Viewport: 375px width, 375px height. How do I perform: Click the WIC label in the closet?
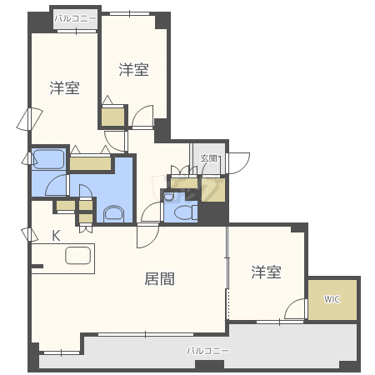[x=332, y=299]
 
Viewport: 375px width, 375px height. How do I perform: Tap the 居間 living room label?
[x=159, y=279]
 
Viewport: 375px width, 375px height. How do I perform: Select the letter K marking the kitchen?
[x=57, y=236]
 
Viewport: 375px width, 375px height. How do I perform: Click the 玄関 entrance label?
[x=209, y=158]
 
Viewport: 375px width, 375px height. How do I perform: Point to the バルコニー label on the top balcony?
[x=75, y=18]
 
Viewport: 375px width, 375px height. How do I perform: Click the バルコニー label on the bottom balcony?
[x=208, y=351]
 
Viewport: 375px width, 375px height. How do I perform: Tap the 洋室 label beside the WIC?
[x=266, y=272]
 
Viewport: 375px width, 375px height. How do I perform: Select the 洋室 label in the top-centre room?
[x=133, y=69]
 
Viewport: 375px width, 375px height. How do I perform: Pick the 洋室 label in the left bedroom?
[x=64, y=87]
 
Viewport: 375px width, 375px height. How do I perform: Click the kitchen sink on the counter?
[x=78, y=255]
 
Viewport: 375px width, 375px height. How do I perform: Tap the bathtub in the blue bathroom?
[x=48, y=159]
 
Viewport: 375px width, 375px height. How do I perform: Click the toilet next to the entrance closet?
[x=186, y=212]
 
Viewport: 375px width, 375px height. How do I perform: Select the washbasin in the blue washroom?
[x=113, y=213]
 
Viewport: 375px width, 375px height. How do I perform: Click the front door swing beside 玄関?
[x=237, y=163]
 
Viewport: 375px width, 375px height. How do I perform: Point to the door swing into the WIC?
[x=296, y=308]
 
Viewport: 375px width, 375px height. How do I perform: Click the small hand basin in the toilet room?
[x=168, y=197]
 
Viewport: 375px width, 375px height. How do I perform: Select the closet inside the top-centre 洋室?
[x=112, y=117]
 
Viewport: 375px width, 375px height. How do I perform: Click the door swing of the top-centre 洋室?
[x=142, y=117]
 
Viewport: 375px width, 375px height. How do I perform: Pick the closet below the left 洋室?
[x=90, y=163]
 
